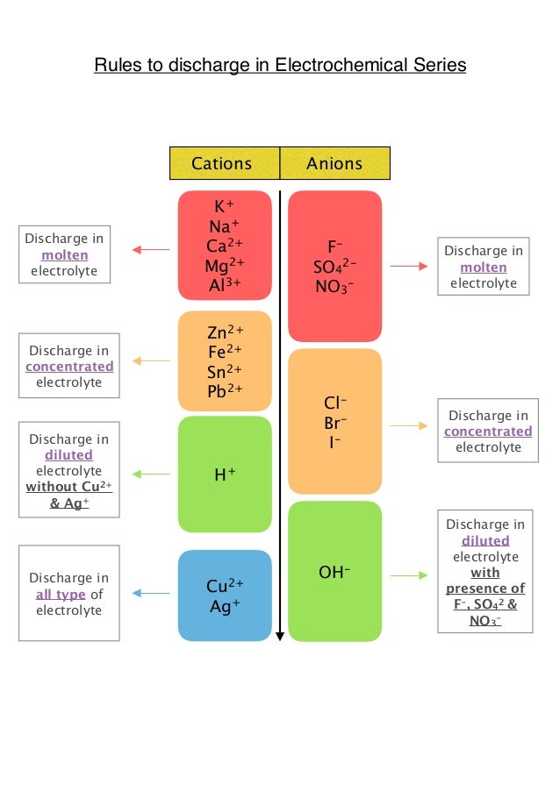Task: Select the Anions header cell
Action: pyautogui.click(x=334, y=163)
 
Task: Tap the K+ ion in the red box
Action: pyautogui.click(x=225, y=207)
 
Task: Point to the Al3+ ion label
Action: pyautogui.click(x=225, y=284)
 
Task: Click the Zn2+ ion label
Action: pyautogui.click(x=225, y=332)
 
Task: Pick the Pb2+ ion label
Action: pyautogui.click(x=225, y=389)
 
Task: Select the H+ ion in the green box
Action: pyautogui.click(x=225, y=474)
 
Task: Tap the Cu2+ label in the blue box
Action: pyautogui.click(x=225, y=586)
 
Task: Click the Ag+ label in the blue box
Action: pyautogui.click(x=225, y=605)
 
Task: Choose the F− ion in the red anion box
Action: pyautogui.click(x=334, y=246)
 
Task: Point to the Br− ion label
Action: pyautogui.click(x=334, y=423)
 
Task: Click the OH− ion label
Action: pyautogui.click(x=334, y=573)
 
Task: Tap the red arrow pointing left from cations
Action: pyautogui.click(x=151, y=250)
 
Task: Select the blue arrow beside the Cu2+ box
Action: pyautogui.click(x=151, y=594)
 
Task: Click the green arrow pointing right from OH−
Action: pyautogui.click(x=408, y=575)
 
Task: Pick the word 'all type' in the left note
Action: pyautogui.click(x=60, y=594)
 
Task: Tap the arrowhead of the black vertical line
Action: pyautogui.click(x=279, y=637)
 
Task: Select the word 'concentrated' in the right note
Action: pyautogui.click(x=488, y=431)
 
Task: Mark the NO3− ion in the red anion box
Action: pyautogui.click(x=334, y=285)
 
